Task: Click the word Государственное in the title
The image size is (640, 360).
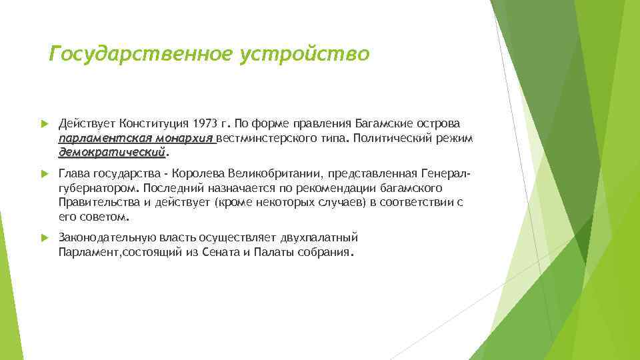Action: tap(142, 53)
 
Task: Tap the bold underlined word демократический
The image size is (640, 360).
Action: tap(111, 153)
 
